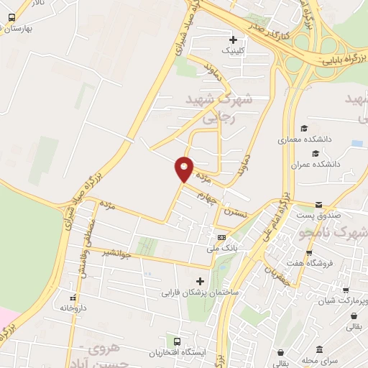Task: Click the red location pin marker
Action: point(184,168)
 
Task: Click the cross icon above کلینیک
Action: point(231,40)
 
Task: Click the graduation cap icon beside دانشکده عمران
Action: point(314,153)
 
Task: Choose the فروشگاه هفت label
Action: point(331,263)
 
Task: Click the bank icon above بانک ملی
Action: point(221,237)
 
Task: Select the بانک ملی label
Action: point(221,248)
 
